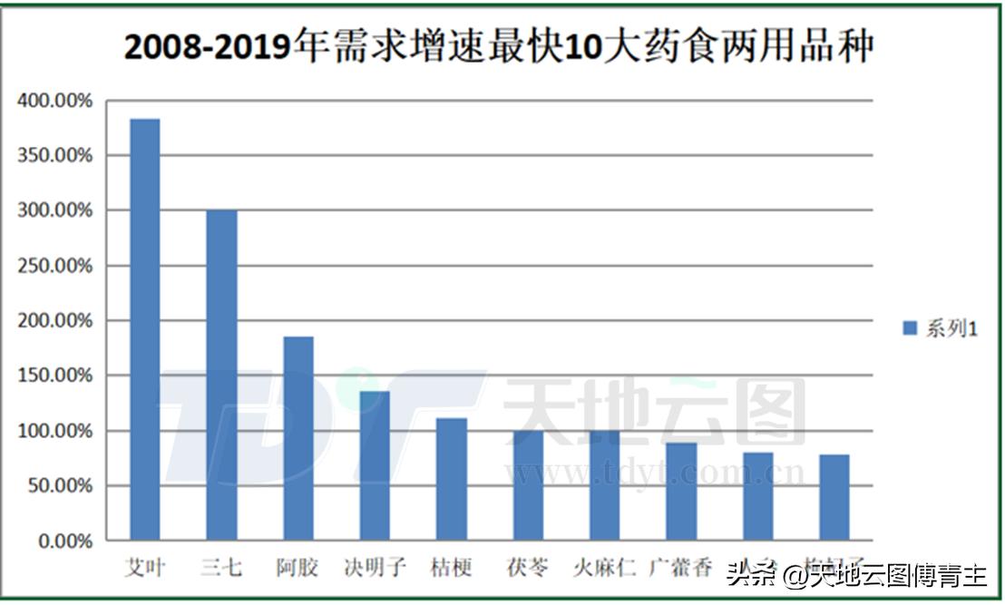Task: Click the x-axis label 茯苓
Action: click(528, 569)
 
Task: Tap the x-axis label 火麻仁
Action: click(604, 569)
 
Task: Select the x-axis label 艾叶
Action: click(145, 569)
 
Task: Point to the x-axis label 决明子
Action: click(375, 569)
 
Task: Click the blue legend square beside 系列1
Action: click(909, 328)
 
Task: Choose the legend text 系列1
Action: click(951, 328)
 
